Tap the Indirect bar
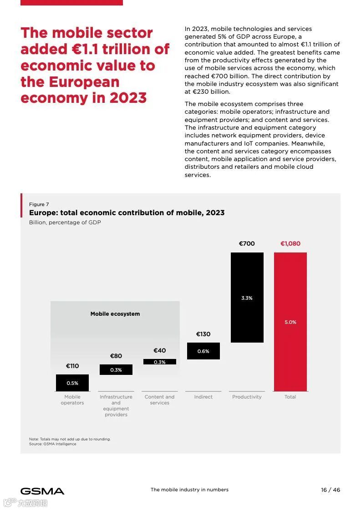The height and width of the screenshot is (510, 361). pos(203,351)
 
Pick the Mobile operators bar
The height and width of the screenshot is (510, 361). pos(72,383)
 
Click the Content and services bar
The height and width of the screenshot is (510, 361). pos(159,362)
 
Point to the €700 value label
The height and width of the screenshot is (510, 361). pos(247,243)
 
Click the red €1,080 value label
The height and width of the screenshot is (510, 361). pos(290,243)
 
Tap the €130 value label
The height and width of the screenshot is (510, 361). pos(203,334)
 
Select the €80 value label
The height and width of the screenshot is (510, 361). pos(116,356)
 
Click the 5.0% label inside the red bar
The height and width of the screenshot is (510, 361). pos(290,322)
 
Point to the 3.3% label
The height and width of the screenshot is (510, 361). pos(247,298)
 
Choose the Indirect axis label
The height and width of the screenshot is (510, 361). pos(203,397)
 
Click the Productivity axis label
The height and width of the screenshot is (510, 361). pos(247,397)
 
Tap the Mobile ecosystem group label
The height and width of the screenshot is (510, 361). pos(115,314)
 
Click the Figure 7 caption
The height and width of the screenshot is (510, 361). pos(39,204)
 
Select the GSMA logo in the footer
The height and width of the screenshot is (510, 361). pos(42,491)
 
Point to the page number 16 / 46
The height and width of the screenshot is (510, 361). pos(330,490)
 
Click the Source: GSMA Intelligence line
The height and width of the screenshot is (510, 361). pos(53,444)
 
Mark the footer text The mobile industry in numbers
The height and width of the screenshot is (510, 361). pos(189,490)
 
